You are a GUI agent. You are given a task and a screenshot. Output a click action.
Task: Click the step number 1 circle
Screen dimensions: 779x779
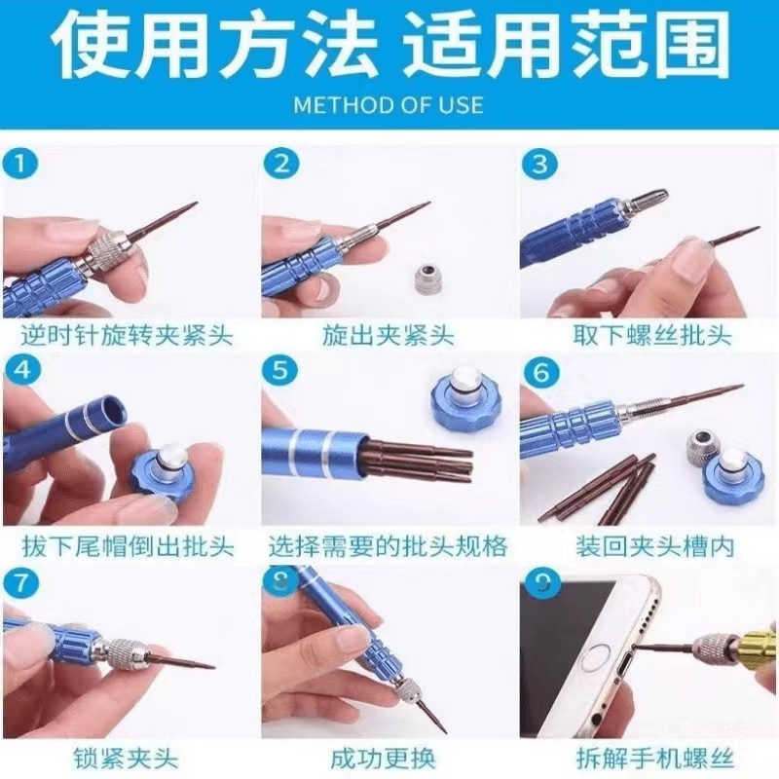coord(20,164)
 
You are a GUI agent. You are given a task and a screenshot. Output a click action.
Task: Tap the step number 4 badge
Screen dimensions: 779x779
coord(22,371)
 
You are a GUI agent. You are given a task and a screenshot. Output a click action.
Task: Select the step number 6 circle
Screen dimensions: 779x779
coord(541,372)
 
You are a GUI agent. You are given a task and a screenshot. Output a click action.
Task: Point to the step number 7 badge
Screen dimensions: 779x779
coord(20,582)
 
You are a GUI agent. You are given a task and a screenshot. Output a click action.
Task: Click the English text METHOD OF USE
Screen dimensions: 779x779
coord(389,105)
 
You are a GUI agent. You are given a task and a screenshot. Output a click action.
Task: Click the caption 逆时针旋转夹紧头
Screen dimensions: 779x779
coord(128,335)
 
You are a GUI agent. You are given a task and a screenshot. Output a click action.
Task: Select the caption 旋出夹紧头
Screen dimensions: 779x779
coord(389,335)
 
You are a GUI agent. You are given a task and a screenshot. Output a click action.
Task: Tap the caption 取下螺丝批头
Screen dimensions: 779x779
coord(652,335)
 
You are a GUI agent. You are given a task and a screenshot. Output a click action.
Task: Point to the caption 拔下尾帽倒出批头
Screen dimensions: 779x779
coord(129,547)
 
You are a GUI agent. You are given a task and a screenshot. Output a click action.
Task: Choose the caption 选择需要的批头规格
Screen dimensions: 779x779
coord(389,547)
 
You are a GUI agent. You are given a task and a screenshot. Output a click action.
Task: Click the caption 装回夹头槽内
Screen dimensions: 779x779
coord(654,547)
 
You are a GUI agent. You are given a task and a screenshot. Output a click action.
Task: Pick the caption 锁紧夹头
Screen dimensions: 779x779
coord(126,760)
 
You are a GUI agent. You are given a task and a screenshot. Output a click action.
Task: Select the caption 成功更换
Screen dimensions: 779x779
coord(384,760)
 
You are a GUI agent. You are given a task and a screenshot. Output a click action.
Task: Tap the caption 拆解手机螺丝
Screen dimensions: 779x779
coord(654,760)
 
